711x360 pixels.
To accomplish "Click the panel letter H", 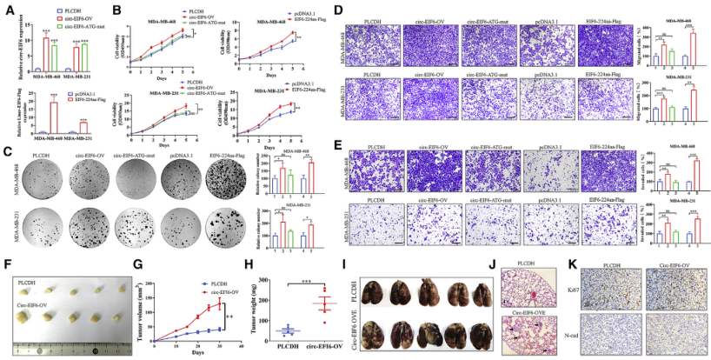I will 249,263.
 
